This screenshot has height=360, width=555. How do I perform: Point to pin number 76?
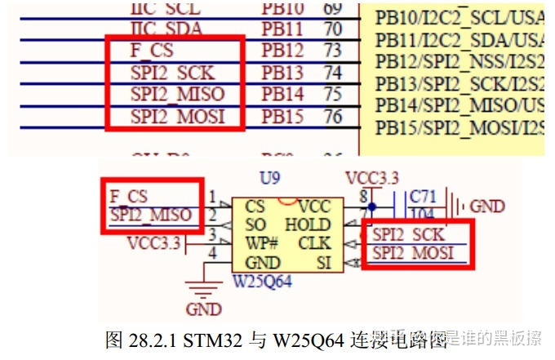332,116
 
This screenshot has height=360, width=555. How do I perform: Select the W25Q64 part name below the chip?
263,282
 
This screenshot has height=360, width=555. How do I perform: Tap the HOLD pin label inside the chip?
308,224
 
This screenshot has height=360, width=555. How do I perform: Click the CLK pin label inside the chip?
314,243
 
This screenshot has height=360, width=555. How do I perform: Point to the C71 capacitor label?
424,197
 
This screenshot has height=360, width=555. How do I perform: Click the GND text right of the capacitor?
487,207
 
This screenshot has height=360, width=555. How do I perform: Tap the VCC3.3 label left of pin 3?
153,242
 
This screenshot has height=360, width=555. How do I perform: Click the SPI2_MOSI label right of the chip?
412,253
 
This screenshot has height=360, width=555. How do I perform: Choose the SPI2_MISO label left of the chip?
151,216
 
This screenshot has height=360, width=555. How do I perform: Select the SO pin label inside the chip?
255,224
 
